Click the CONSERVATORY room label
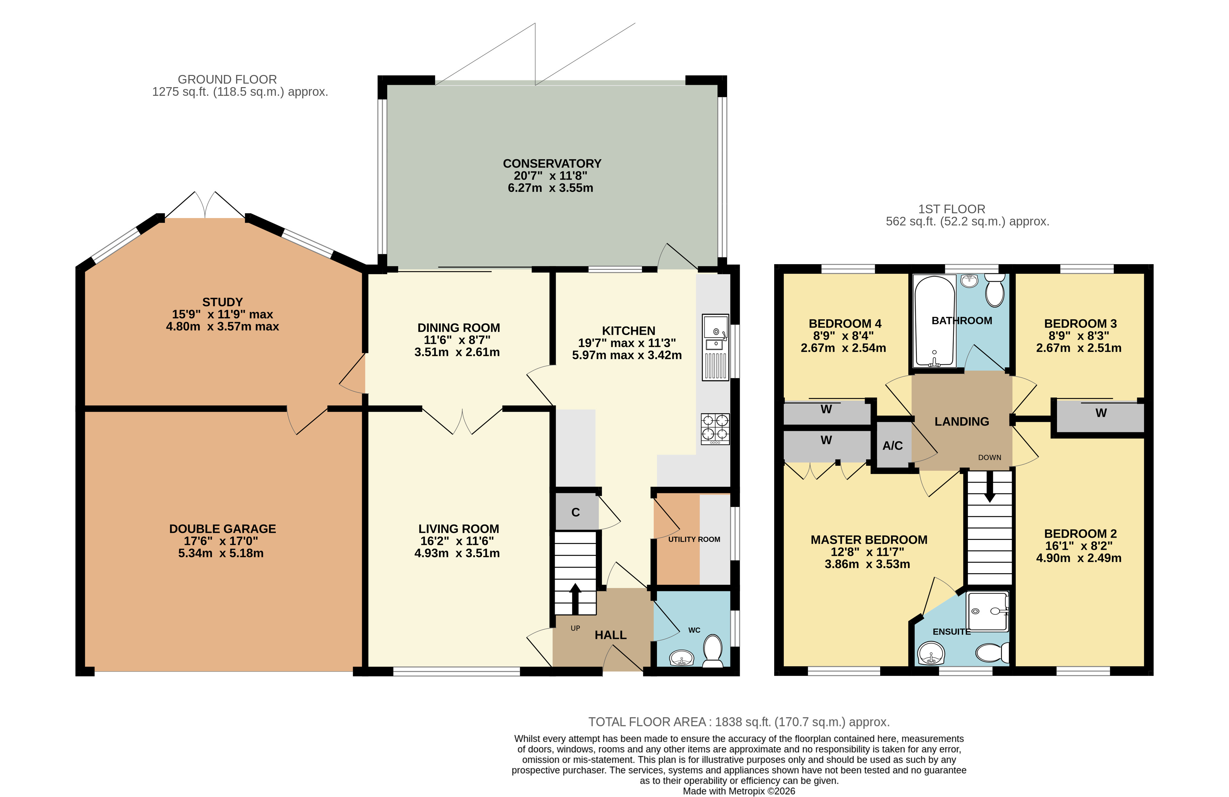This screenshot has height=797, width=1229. pyautogui.click(x=552, y=164)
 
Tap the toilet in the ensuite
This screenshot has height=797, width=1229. pyautogui.click(x=992, y=653)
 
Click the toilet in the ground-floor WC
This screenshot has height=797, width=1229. pyautogui.click(x=713, y=650)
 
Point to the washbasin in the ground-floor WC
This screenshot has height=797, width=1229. pyautogui.click(x=682, y=658)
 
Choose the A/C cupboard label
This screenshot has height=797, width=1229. pyautogui.click(x=892, y=445)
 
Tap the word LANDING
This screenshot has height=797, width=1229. pyautogui.click(x=962, y=422)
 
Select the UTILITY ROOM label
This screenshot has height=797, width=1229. pyautogui.click(x=694, y=540)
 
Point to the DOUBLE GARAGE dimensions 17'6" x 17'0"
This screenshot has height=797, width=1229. pyautogui.click(x=221, y=541)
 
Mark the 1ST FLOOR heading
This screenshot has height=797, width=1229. pyautogui.click(x=952, y=209)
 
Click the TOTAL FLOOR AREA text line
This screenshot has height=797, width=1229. pyautogui.click(x=739, y=722)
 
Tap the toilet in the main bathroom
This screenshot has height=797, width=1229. pyautogui.click(x=995, y=291)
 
